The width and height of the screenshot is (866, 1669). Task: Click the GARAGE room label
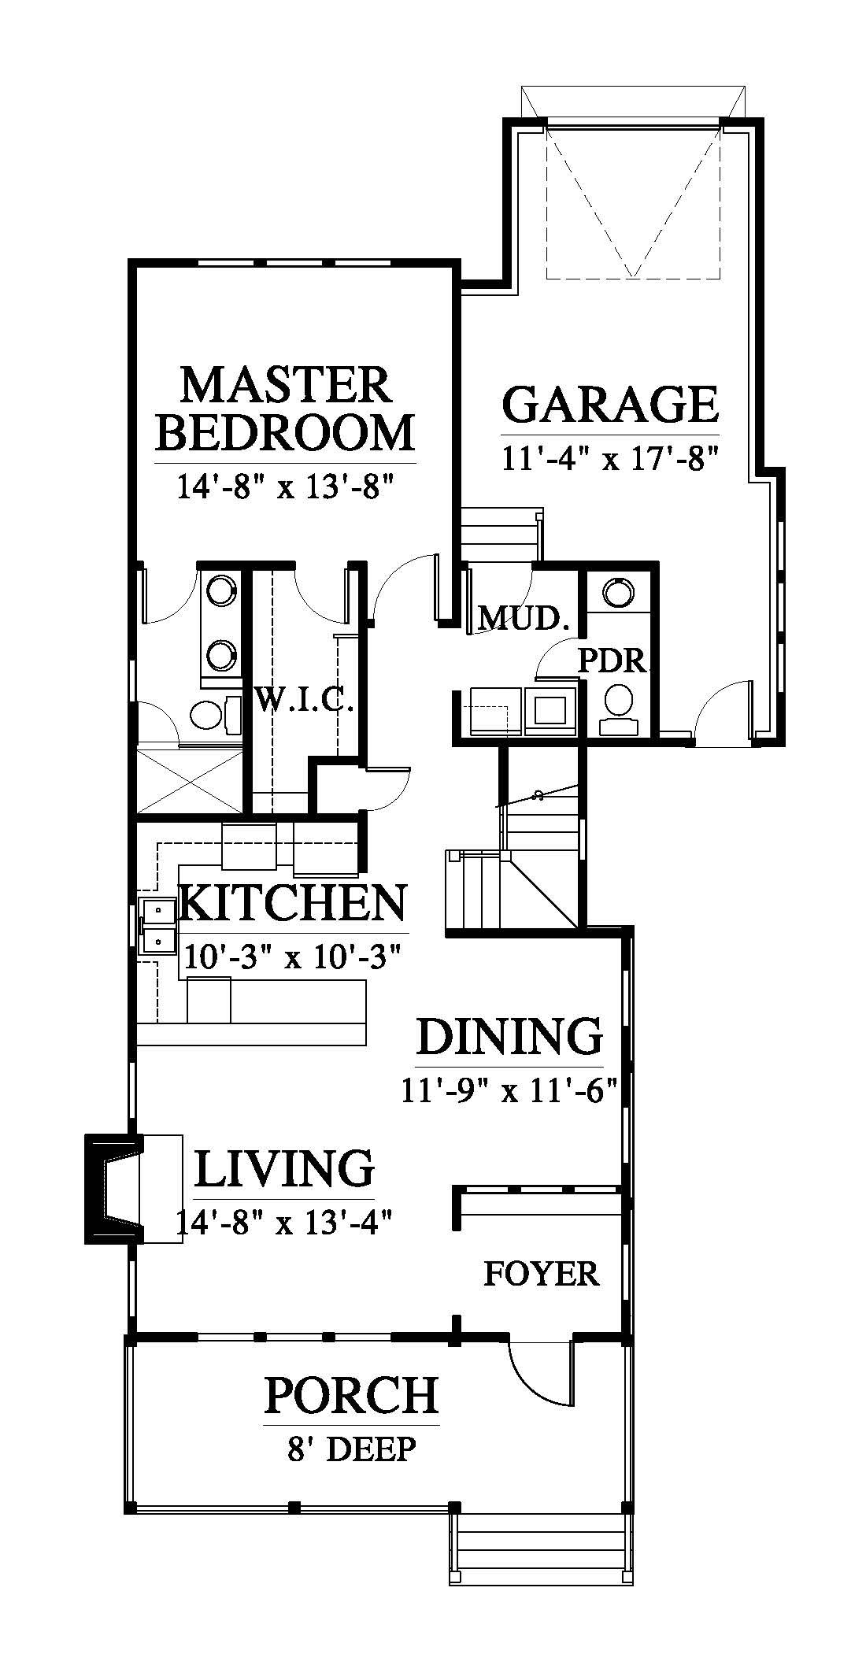(610, 403)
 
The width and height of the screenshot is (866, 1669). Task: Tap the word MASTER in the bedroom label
(285, 385)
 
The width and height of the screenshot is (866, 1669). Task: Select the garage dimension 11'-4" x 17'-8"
(612, 457)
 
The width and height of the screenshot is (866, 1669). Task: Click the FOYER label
(541, 1273)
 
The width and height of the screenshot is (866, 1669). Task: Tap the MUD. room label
(524, 619)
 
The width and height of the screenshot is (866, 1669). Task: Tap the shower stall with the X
(190, 780)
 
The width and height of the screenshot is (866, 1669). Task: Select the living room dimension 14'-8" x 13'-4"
(284, 1222)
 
